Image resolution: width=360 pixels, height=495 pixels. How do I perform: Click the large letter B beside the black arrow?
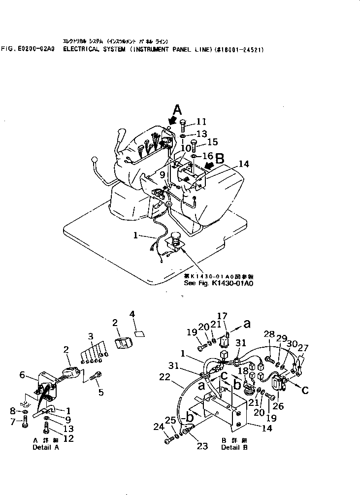tap(220, 159)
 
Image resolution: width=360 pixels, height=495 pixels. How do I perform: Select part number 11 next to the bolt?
tap(202, 122)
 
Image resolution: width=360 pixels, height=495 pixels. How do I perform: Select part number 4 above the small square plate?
tap(132, 314)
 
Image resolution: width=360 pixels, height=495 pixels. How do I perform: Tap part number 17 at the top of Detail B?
tap(222, 316)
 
